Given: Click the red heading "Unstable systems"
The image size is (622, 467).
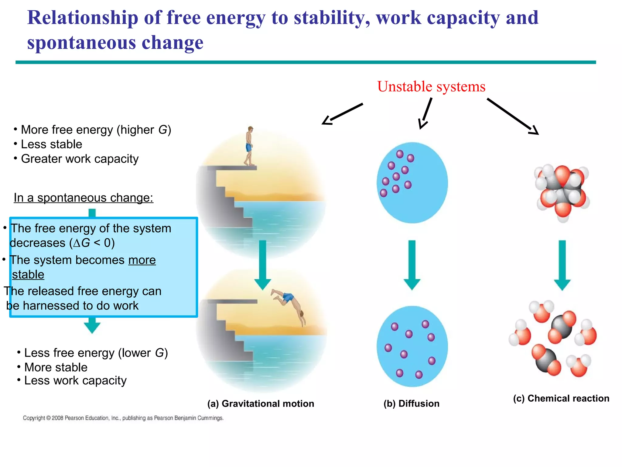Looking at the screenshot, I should click(431, 87).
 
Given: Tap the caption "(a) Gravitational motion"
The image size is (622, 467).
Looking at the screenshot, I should click(261, 403).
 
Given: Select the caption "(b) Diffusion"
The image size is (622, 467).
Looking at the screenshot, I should click(411, 403).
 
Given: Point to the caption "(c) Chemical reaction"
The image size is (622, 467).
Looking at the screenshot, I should click(561, 398).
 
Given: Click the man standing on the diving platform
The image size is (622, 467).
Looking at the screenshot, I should click(249, 146).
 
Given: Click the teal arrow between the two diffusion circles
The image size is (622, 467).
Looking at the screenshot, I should click(412, 265).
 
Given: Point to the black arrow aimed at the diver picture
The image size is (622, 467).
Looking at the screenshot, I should click(342, 114).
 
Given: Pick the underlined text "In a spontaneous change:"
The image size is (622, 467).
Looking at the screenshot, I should click(84, 198).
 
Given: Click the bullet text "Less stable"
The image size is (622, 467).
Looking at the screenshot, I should click(52, 144).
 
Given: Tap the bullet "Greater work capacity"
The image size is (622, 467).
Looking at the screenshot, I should click(80, 159).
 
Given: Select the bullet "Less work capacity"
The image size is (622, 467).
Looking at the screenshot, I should click(75, 381).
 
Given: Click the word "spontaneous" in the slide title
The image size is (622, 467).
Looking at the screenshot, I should click(81, 43).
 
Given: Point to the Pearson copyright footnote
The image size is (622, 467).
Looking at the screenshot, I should click(123, 418).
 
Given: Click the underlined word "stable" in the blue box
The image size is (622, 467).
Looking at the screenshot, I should click(28, 275).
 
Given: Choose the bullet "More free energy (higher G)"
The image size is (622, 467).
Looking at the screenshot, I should click(96, 130).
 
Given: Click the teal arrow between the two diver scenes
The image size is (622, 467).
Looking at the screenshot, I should click(263, 265).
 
